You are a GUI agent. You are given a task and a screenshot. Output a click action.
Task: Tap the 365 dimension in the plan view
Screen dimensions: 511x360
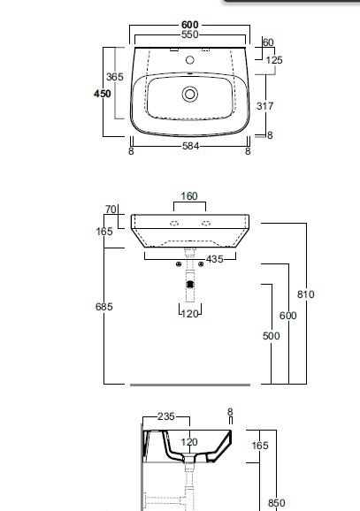(114, 77)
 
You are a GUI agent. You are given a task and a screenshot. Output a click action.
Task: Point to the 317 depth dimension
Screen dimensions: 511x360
(264, 106)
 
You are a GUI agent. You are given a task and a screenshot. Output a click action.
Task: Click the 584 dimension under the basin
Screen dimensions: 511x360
(190, 151)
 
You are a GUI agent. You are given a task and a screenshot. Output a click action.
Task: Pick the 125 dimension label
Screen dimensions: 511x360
(274, 60)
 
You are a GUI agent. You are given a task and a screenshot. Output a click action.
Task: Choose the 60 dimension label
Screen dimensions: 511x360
(269, 42)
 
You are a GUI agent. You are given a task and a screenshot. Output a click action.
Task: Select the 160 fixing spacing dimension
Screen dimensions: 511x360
(189, 196)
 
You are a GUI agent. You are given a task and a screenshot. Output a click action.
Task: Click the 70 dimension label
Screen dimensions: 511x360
(111, 210)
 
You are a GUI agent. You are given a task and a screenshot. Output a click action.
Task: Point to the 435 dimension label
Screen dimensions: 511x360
(215, 258)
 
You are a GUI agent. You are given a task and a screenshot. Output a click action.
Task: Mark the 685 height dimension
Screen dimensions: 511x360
(104, 307)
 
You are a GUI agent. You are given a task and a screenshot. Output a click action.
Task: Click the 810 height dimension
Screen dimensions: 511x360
(305, 294)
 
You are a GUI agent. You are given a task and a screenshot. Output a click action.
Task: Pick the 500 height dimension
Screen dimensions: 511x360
(271, 336)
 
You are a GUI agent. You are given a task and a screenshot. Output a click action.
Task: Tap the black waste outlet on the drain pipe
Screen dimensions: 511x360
(189, 285)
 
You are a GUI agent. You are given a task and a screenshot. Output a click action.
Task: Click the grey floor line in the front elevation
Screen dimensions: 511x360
(189, 385)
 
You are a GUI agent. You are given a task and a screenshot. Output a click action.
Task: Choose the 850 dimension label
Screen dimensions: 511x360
(276, 503)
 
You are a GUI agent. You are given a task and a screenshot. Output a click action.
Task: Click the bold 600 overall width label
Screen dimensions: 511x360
(190, 24)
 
